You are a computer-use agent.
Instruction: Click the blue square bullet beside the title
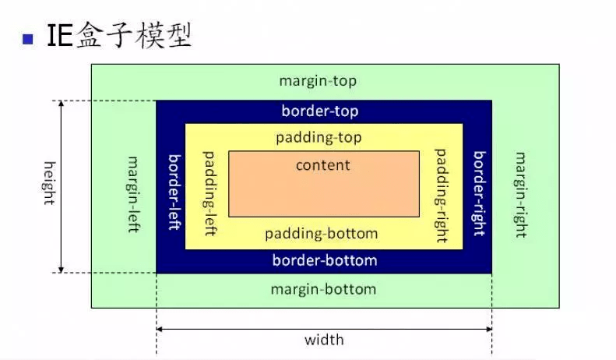28,39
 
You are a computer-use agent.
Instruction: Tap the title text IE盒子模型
119,35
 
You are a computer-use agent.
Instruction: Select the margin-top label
318,81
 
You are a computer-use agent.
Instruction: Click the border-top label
320,111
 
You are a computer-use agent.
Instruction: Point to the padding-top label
319,138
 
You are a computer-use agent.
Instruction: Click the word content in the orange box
323,165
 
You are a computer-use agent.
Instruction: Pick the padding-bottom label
322,234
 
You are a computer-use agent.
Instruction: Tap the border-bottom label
325,260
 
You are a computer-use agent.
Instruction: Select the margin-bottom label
324,290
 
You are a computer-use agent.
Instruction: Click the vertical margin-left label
134,194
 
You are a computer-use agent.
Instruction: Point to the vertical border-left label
174,192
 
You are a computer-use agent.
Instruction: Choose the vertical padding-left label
209,193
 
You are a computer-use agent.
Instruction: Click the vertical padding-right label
441,196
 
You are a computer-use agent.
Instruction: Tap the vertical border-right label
479,193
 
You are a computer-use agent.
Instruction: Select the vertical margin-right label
521,195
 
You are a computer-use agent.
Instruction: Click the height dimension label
49,183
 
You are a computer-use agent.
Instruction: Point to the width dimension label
324,340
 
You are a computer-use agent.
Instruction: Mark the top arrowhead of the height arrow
61,103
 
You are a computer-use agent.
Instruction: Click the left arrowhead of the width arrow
159,329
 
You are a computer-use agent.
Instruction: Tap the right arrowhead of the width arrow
489,329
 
